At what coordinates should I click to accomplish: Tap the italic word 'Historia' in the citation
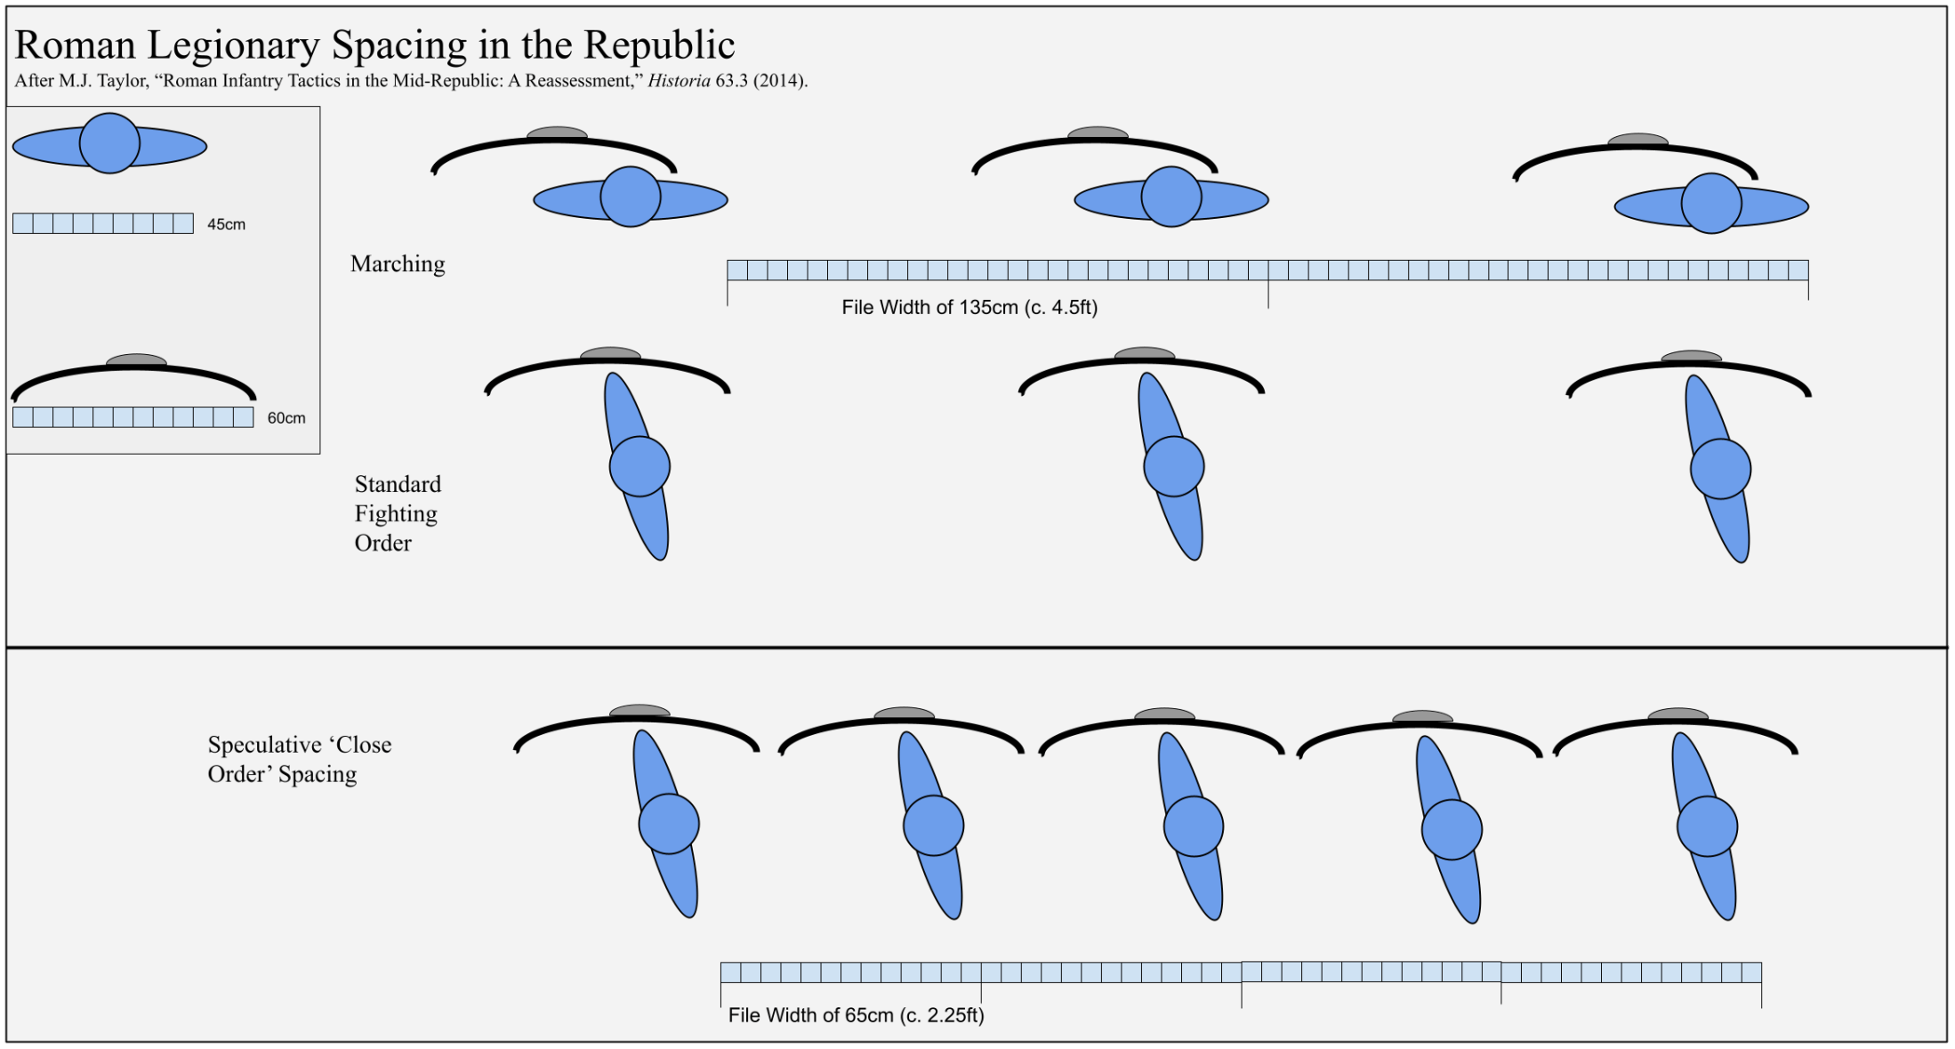click(x=679, y=81)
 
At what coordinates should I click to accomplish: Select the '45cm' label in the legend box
click(x=226, y=224)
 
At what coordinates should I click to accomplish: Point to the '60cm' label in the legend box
click(x=286, y=418)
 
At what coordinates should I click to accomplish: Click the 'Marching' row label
click(x=398, y=264)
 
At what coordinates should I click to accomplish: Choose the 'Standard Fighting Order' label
click(x=398, y=513)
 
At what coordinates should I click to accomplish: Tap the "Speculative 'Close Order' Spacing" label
click(x=300, y=759)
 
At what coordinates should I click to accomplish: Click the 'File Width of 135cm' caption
click(x=969, y=308)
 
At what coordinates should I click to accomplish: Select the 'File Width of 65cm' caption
click(x=856, y=1015)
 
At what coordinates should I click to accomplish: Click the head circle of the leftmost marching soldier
click(x=631, y=197)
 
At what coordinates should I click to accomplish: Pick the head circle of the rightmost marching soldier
click(x=1711, y=204)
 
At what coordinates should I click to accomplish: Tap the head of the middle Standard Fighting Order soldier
click(x=1174, y=466)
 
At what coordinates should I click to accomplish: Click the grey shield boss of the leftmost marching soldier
click(x=557, y=133)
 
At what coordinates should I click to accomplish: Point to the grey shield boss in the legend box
click(x=136, y=360)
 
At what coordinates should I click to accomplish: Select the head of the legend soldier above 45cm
click(x=109, y=143)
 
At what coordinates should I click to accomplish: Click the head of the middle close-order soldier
click(x=1194, y=827)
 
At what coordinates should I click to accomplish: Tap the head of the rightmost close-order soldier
click(x=1708, y=827)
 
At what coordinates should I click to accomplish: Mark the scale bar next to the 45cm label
click(x=103, y=223)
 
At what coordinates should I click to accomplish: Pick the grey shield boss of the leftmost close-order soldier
click(x=640, y=711)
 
